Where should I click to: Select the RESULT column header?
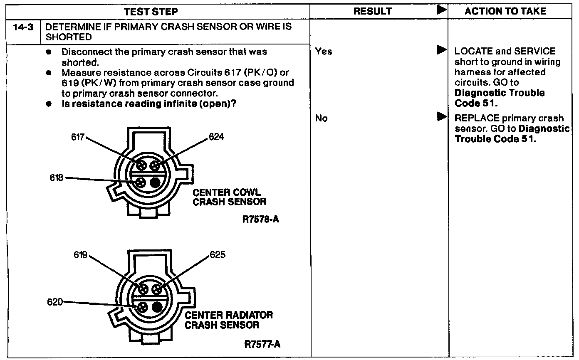tap(372, 12)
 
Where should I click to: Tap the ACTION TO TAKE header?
tap(505, 12)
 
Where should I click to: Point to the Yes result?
tap(324, 52)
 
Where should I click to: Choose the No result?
tap(322, 118)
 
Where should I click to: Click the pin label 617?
tap(78, 137)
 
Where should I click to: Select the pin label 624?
tap(216, 137)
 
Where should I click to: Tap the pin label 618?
tap(57, 178)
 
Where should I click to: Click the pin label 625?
tap(218, 255)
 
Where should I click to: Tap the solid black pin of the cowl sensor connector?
tap(155, 182)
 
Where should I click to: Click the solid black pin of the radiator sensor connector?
tap(157, 307)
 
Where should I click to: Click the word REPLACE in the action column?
tap(475, 118)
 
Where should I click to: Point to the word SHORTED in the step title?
tap(69, 37)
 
